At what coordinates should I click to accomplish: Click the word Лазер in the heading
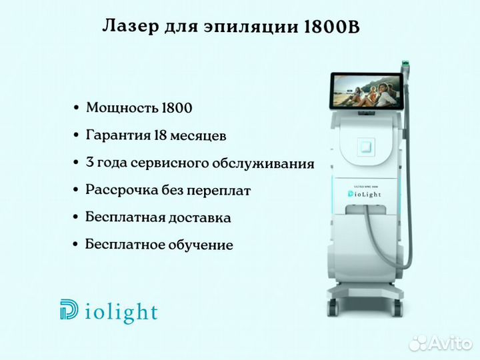131,26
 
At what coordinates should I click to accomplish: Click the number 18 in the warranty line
160,135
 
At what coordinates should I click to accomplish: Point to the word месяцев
198,136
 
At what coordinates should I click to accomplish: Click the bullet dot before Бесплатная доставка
76,217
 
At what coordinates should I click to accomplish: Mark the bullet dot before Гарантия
76,135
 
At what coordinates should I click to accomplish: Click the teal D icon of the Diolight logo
69,309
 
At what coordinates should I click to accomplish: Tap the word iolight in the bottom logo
121,312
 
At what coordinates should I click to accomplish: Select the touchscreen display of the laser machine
367,91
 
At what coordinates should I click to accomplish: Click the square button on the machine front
367,146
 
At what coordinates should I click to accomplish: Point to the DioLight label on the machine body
365,194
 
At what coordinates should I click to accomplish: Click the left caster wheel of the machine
333,307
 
